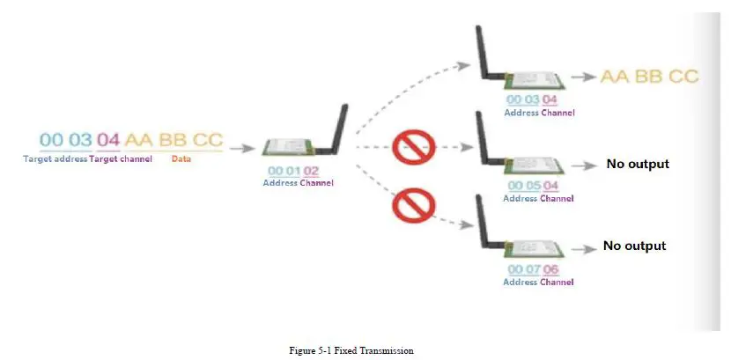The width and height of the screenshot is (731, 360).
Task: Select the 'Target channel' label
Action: [x=121, y=158]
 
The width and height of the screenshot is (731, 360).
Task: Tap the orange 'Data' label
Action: [x=181, y=158]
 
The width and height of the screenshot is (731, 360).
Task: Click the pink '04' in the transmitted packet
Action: [x=107, y=140]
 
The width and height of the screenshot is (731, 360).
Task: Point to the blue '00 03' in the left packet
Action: [x=65, y=140]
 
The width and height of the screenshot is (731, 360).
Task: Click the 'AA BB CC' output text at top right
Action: [x=649, y=77]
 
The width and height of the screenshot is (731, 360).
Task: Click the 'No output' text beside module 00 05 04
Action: [x=638, y=164]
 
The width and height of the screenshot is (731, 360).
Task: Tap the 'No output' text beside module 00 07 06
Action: [x=634, y=246]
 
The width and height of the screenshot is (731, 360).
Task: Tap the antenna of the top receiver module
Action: [x=484, y=53]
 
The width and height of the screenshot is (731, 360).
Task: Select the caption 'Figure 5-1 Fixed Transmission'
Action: [x=351, y=350]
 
